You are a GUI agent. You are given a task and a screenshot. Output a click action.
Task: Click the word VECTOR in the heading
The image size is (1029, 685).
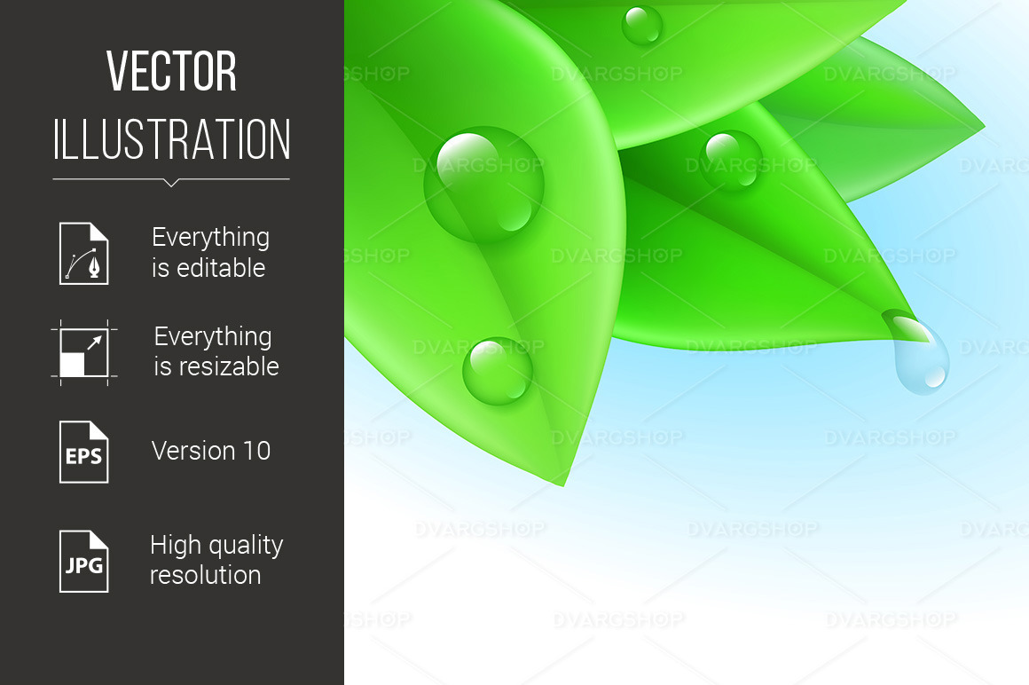point(172,73)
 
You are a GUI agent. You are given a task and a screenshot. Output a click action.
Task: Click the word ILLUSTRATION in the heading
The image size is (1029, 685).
point(172,140)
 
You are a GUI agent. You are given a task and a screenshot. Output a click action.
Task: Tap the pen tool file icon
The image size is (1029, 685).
point(84,253)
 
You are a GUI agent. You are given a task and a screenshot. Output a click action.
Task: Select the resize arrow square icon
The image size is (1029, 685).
point(84,352)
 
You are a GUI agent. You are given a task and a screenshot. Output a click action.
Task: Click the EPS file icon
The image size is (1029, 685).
point(84,452)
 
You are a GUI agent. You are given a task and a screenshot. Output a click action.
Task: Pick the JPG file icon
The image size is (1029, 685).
point(84,561)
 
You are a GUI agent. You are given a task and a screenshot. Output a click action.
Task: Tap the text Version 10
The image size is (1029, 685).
point(211,451)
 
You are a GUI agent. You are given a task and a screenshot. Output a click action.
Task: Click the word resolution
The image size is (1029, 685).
point(205,575)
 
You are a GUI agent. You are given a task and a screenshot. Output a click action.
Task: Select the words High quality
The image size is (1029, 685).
point(216,545)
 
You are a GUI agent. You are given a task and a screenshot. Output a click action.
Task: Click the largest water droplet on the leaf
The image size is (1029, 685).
point(483,185)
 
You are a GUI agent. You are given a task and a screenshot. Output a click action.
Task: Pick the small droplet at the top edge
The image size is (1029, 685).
point(641,25)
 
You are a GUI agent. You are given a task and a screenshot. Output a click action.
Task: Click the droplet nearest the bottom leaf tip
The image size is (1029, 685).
point(497,370)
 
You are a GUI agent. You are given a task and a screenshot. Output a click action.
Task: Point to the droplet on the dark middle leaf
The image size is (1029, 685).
point(731,161)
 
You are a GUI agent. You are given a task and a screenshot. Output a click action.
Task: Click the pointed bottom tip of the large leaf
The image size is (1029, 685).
point(563,484)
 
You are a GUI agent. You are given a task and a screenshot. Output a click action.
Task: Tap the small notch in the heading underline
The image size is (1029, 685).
point(171,183)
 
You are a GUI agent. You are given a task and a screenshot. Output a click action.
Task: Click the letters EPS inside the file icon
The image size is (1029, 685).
point(84,458)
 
